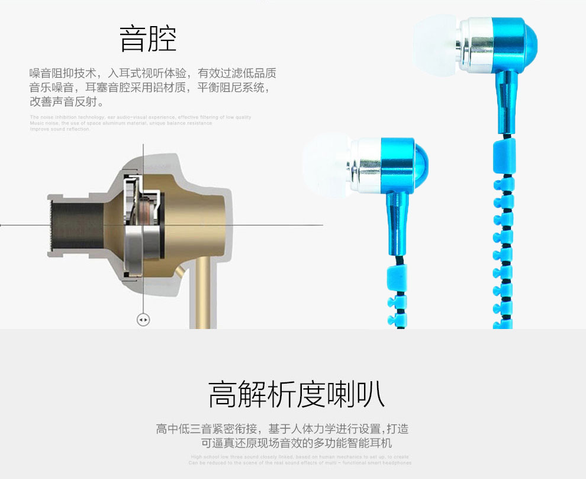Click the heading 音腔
tap(148, 39)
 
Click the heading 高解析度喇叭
tap(296, 395)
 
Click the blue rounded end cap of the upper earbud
tap(530, 41)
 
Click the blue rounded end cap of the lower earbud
tap(421, 161)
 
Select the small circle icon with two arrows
tap(143, 320)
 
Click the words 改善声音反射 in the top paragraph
tap(66, 101)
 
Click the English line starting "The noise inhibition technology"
tap(141, 117)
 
